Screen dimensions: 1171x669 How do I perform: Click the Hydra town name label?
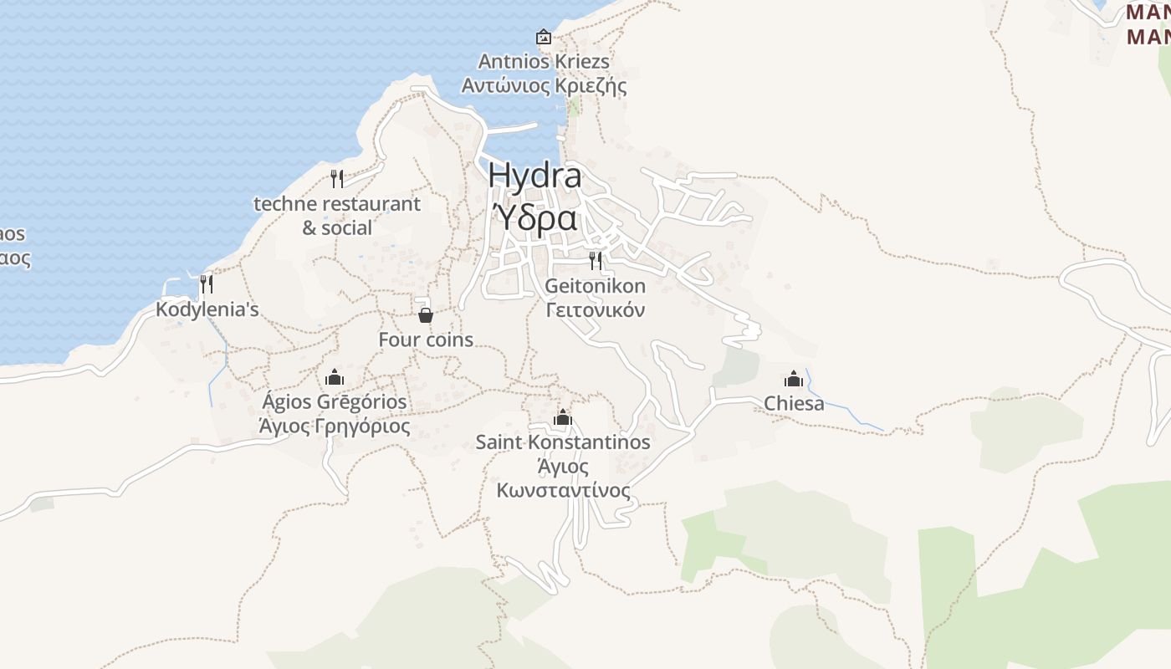tap(534, 176)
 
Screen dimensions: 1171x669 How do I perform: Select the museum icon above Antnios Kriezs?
tap(544, 37)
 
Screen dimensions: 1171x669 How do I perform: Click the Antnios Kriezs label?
tap(544, 61)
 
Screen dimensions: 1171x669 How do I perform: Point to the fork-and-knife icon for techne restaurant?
tap(337, 178)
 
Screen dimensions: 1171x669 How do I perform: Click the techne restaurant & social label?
tap(337, 215)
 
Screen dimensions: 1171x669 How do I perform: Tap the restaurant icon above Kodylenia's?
tap(207, 284)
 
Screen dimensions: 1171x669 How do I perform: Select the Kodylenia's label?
tap(207, 309)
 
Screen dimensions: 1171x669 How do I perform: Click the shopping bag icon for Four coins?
tap(426, 315)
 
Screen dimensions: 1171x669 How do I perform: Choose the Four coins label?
tap(426, 340)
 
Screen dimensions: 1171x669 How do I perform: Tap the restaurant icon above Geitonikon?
tap(596, 261)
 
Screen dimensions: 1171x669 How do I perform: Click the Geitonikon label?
tap(596, 286)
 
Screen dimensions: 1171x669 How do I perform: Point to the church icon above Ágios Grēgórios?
tap(335, 377)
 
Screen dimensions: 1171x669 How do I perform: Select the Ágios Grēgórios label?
tap(335, 401)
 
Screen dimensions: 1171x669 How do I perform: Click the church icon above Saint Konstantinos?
tap(563, 417)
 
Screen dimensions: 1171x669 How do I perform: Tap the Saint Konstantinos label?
tap(563, 442)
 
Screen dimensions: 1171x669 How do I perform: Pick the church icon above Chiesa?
tap(794, 379)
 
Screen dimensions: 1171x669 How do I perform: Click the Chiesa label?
tap(794, 404)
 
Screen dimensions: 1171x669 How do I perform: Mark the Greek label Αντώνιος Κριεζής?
tap(544, 85)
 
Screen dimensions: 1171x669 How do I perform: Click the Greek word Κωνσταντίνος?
tap(563, 490)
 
